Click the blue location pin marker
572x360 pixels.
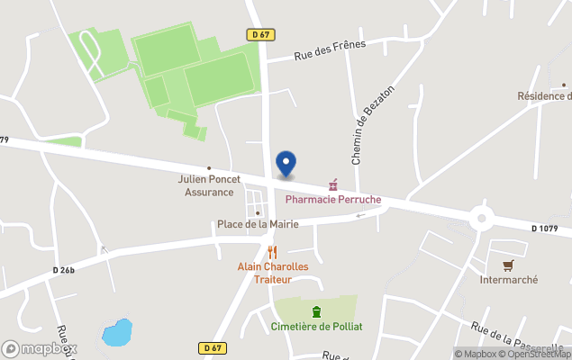286,164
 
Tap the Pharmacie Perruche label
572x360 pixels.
332,199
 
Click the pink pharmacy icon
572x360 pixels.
332,184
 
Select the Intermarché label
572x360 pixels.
508,280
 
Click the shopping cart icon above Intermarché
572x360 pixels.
508,265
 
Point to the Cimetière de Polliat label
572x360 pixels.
316,326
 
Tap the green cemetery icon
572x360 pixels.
316,311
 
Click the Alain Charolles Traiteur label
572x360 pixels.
273,273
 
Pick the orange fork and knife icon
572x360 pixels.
273,252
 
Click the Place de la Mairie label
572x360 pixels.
258,224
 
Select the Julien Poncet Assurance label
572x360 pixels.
209,185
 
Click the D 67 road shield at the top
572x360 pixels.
259,34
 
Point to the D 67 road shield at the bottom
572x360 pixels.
211,347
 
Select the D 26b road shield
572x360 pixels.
65,270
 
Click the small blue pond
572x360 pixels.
117,333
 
